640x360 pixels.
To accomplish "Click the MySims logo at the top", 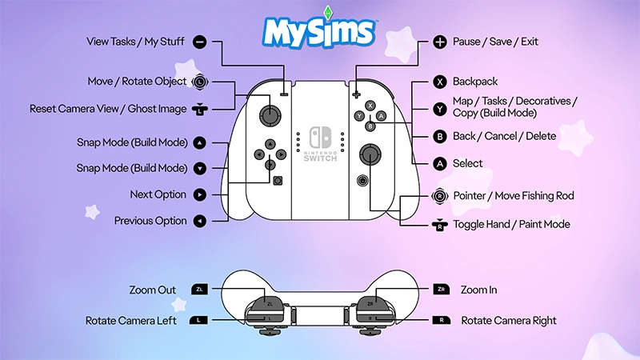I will pyautogui.click(x=319, y=31).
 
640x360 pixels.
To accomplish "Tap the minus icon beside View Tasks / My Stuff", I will pyautogui.click(x=200, y=41).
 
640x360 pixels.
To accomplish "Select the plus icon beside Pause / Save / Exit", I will pyautogui.click(x=439, y=41).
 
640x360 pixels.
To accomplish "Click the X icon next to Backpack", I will pyautogui.click(x=439, y=82).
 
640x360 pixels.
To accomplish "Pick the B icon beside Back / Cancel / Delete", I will pyautogui.click(x=439, y=136).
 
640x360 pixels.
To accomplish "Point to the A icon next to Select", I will pyautogui.click(x=439, y=163).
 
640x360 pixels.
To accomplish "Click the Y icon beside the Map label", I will pyautogui.click(x=439, y=108).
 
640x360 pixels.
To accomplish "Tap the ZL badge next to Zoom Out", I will pyautogui.click(x=200, y=290).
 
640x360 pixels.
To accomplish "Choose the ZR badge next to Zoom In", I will pyautogui.click(x=439, y=290).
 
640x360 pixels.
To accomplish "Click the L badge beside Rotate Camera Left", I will pyautogui.click(x=200, y=320).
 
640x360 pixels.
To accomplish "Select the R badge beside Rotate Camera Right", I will pyautogui.click(x=439, y=320).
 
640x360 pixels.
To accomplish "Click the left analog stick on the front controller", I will pyautogui.click(x=273, y=115).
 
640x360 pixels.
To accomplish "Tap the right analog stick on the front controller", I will pyautogui.click(x=370, y=153).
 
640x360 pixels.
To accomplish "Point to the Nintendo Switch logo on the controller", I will pyautogui.click(x=320, y=145).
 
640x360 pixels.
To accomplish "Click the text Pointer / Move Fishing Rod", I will pyautogui.click(x=514, y=196).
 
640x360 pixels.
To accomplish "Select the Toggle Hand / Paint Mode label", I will pyautogui.click(x=511, y=224).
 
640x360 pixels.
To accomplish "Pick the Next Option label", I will pyautogui.click(x=158, y=194).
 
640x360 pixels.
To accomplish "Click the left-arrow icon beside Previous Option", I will pyautogui.click(x=200, y=221).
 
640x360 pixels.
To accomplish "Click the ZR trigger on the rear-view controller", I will pyautogui.click(x=371, y=304).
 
